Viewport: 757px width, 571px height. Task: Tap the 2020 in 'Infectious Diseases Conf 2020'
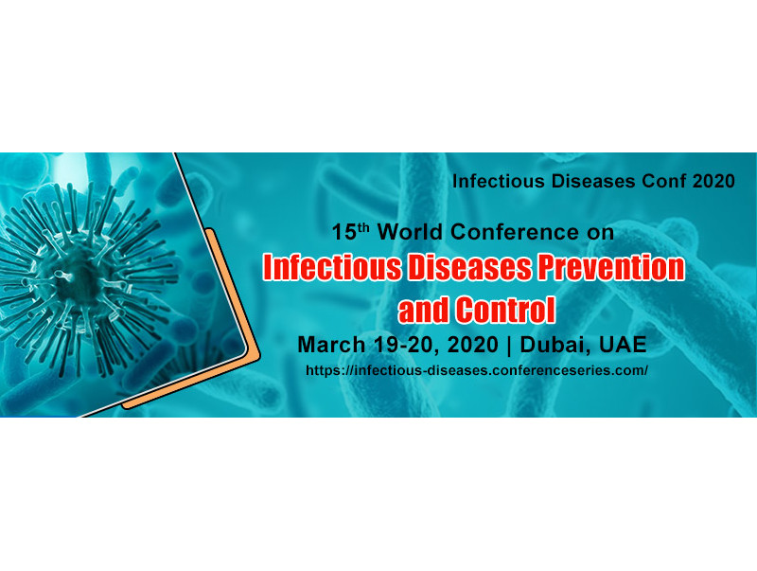(713, 181)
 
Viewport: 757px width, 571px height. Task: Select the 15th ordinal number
(351, 231)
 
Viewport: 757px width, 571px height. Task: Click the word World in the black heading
(411, 232)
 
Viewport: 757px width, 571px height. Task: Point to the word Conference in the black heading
(514, 232)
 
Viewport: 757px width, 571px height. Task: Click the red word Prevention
(611, 268)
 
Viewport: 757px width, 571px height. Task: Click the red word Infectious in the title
(332, 268)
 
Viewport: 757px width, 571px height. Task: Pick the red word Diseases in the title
(469, 268)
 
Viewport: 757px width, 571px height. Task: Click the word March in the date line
(332, 345)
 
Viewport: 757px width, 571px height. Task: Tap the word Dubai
(555, 345)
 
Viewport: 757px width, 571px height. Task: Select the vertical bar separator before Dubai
(509, 346)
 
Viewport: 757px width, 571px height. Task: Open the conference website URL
(477, 370)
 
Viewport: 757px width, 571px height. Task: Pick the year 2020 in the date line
(472, 345)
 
